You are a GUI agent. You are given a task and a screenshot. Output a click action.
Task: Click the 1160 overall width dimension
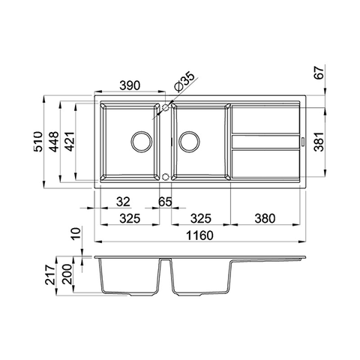click(x=199, y=235)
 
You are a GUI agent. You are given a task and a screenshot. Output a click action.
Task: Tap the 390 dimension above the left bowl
click(x=130, y=85)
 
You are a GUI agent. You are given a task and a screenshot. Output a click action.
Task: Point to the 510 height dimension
click(x=38, y=142)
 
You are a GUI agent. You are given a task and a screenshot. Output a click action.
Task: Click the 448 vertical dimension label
click(x=54, y=142)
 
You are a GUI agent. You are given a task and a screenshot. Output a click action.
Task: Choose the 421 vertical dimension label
click(x=69, y=142)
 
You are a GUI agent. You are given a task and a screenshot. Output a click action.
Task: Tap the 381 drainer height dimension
click(x=319, y=142)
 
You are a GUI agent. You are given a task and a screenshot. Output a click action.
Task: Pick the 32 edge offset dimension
click(x=123, y=202)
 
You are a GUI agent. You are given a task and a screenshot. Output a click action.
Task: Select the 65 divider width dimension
click(x=165, y=202)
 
